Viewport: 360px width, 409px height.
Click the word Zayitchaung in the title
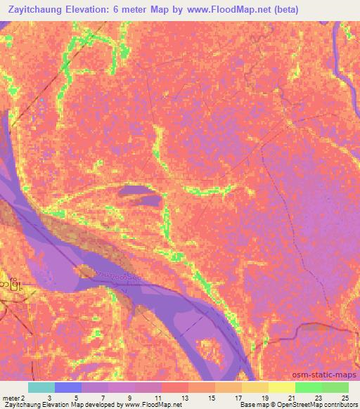pos(38,10)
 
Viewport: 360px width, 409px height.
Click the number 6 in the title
pos(124,10)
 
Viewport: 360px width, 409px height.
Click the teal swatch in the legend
pos(41,387)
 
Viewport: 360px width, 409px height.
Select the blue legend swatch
pos(68,387)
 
